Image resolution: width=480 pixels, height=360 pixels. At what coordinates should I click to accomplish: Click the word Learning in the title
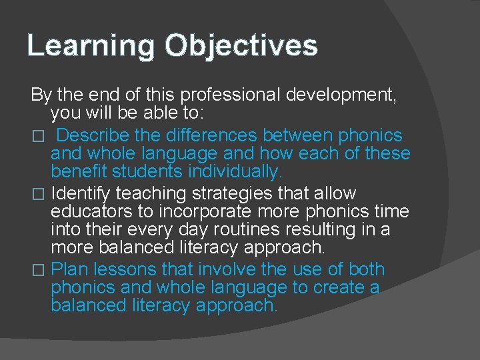pos(90,46)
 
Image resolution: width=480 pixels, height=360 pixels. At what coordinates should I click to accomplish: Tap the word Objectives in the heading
pos(241,46)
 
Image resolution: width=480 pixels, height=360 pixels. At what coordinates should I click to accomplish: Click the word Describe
pos(93,135)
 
